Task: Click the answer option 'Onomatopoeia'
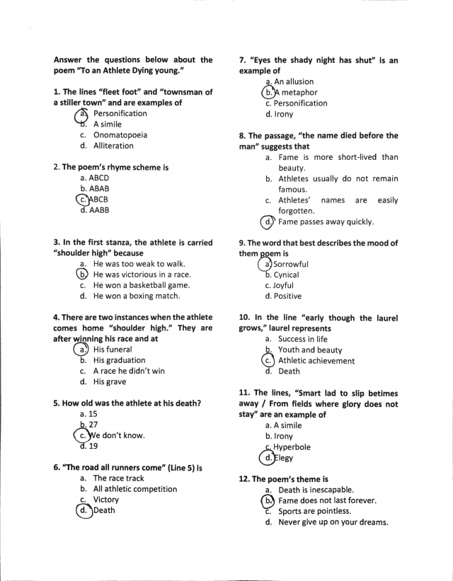[x=120, y=134]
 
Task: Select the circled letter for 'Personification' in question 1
[x=83, y=113]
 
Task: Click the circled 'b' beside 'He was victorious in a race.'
[x=83, y=274]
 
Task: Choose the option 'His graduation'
[x=119, y=359]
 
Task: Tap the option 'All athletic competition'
[x=135, y=489]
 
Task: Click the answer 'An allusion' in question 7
[x=294, y=82]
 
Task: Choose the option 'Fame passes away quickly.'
[x=326, y=222]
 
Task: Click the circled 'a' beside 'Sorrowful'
[x=267, y=264]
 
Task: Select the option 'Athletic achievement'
[x=316, y=360]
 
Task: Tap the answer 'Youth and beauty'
[x=310, y=350]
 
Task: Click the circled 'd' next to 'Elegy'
[x=268, y=458]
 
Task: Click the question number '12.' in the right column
[x=246, y=479]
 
